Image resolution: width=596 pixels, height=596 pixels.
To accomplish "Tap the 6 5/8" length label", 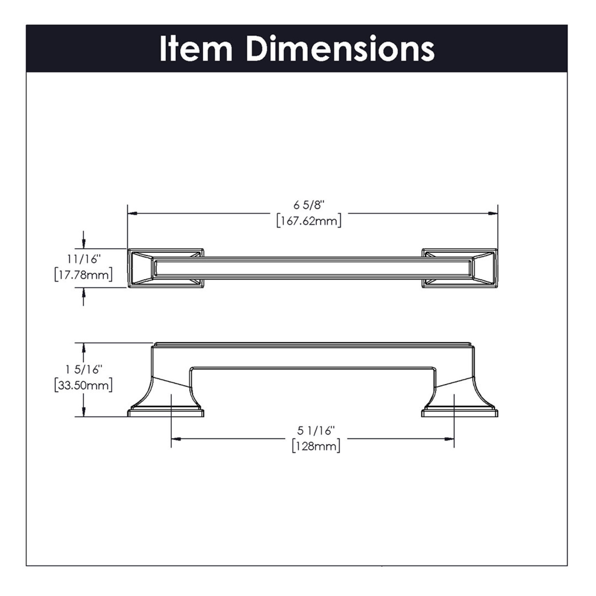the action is [309, 205].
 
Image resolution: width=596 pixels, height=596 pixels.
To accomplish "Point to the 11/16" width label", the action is [84, 259].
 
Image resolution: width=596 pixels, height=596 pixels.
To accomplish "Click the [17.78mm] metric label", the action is [84, 275].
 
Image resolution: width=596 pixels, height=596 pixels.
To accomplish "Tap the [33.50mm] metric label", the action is [84, 385].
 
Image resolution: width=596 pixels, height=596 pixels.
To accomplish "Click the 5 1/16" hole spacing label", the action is [316, 430].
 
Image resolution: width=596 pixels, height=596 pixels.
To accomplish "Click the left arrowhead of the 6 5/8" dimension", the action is [132, 214].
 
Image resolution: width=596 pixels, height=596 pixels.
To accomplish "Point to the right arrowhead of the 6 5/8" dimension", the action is [493, 214].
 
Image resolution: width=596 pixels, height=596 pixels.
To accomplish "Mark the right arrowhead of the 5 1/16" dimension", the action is [449, 439].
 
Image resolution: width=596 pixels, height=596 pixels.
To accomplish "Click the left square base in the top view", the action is [166, 268].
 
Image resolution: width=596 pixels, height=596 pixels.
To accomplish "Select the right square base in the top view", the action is [460, 268].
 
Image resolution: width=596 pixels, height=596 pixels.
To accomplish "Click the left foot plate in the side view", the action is [166, 413].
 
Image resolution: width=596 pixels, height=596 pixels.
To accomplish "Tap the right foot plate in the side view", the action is [460, 413].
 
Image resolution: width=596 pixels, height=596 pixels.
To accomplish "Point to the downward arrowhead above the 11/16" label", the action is [84, 244].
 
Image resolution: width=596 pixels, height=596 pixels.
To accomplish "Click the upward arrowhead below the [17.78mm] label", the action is [84, 293].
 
